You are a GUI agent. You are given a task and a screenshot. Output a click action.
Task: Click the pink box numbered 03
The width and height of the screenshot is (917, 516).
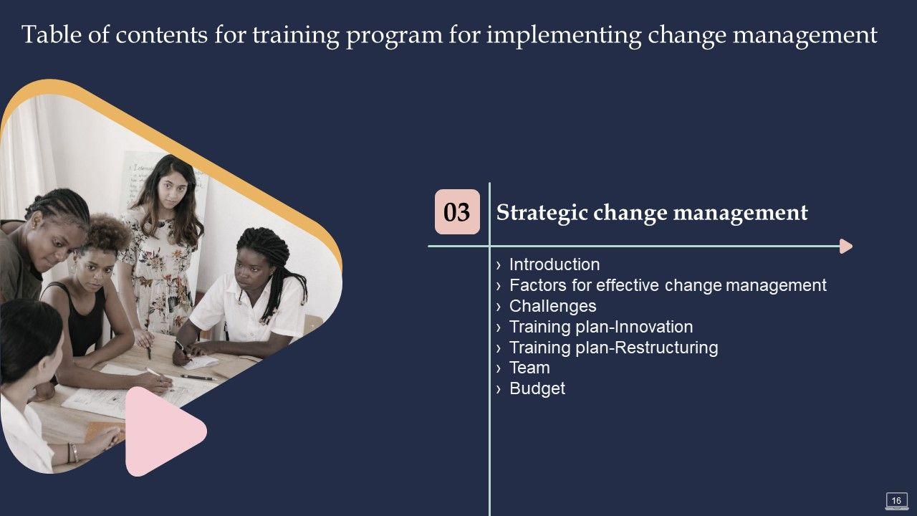click(457, 211)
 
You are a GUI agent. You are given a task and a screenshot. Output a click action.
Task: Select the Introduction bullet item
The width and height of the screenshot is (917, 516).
click(554, 264)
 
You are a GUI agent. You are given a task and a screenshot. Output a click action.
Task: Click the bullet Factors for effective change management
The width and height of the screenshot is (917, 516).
click(668, 285)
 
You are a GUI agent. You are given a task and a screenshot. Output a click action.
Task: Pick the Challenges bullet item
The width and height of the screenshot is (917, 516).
click(552, 306)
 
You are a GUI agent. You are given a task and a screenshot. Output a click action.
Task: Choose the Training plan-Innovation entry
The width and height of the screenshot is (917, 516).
click(601, 327)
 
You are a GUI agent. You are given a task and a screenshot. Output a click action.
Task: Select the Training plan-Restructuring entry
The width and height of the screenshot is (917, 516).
click(614, 348)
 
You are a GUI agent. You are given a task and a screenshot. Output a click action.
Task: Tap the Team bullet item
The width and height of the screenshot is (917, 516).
click(529, 368)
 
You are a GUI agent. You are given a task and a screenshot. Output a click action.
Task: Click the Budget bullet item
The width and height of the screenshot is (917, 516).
click(537, 388)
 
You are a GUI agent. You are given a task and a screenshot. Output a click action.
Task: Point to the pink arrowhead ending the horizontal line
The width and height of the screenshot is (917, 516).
click(846, 246)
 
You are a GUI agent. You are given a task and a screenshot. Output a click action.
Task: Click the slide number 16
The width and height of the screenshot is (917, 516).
click(896, 500)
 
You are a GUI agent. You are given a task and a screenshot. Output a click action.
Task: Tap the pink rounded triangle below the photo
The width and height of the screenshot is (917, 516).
click(162, 431)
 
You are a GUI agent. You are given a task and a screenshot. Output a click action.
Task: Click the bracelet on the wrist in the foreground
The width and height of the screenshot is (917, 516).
click(74, 452)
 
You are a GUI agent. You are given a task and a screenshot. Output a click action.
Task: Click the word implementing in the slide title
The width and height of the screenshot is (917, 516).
click(564, 36)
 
